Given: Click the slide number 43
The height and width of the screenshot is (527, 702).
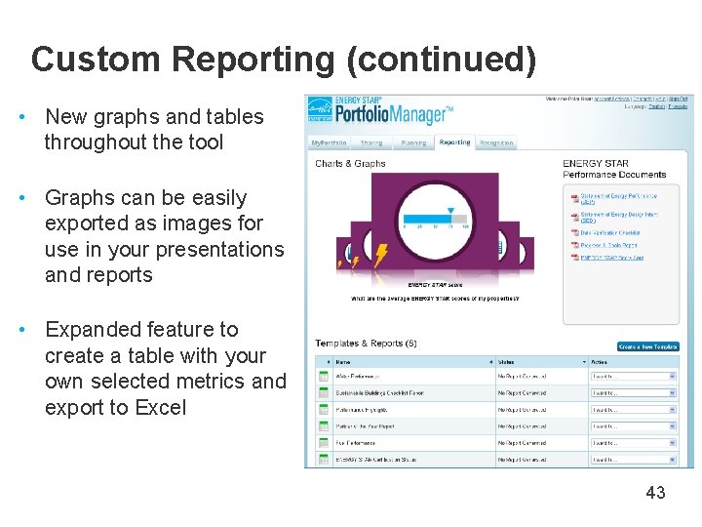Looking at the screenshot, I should click(655, 493).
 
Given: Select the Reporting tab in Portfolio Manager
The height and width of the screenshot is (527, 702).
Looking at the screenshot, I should click(454, 142).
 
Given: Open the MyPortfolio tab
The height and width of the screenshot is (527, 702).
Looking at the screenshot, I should click(329, 142).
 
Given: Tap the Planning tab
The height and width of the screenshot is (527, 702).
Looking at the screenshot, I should click(413, 142).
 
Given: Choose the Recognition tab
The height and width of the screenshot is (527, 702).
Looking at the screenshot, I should click(496, 142).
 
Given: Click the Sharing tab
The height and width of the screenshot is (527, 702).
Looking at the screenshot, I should click(371, 142).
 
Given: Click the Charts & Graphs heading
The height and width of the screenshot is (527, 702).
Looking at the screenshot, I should click(350, 164).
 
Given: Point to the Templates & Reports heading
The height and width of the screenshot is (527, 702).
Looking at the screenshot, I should click(359, 344).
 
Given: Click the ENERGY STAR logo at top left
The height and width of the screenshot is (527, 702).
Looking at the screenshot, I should click(319, 111).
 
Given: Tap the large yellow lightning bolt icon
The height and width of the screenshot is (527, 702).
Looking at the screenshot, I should click(379, 256).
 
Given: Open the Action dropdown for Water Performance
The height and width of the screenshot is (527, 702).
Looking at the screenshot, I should click(633, 376).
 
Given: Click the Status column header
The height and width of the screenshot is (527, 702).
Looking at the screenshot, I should click(506, 361).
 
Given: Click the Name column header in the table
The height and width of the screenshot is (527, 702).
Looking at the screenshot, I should click(342, 361).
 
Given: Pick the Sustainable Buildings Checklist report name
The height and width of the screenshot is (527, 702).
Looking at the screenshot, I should click(380, 392).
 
